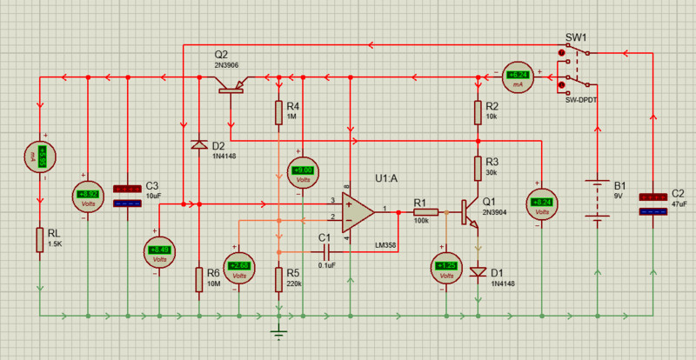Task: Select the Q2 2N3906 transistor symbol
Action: [x=231, y=86]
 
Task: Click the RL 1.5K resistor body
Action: [x=39, y=239]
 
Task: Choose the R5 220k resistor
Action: [x=278, y=279]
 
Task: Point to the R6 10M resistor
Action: [x=199, y=278]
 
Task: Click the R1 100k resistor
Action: [x=425, y=211]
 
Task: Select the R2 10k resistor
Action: [x=478, y=111]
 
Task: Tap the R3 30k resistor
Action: [x=478, y=166]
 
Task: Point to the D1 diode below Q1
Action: [x=478, y=272]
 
